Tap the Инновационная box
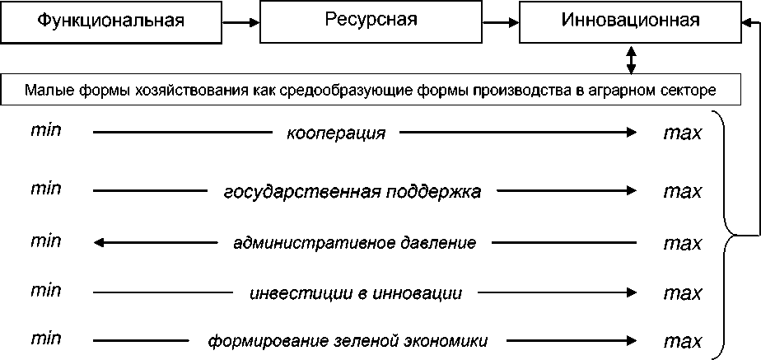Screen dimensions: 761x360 tap(630, 21)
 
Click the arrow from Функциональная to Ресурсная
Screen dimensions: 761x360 tap(240, 22)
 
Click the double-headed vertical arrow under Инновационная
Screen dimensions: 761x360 tap(631, 58)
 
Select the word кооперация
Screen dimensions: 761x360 tap(336, 133)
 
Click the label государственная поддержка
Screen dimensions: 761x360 tap(352, 192)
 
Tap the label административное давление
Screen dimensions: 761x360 tap(354, 243)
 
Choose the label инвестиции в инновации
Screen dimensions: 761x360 tap(354, 292)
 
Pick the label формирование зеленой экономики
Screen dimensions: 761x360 tap(348, 340)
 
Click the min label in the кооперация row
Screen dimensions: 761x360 tap(45, 131)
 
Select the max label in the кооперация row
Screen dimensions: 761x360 tap(682, 133)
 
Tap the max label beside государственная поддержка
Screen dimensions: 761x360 tap(682, 192)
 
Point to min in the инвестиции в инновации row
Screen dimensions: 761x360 tap(45, 290)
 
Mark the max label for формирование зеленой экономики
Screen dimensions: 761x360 tap(682, 340)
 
